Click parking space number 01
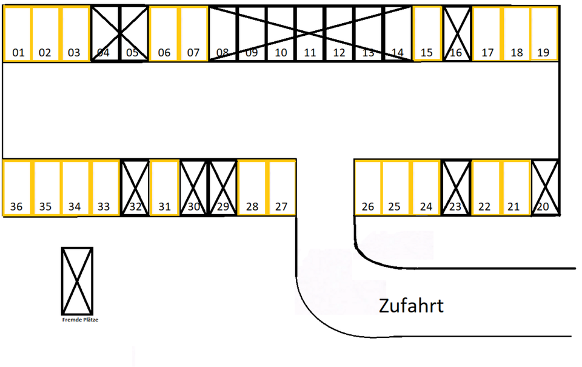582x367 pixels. pos(18,34)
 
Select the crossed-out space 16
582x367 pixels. pos(456,34)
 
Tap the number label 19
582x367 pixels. pos(543,53)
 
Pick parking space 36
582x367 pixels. pos(17,187)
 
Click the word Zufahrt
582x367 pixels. pos(411,305)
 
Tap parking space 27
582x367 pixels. pos(281,187)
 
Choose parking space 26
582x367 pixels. pos(368,187)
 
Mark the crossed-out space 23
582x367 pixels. pos(455,187)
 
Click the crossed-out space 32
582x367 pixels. pos(135,187)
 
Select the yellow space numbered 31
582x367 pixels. pos(164,187)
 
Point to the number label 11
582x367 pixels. pos(310,53)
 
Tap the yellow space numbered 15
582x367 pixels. pos(426,34)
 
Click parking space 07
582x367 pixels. pos(193,34)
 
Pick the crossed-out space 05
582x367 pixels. pos(133,34)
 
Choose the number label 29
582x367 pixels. pos(223,207)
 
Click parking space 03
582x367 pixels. pos(75,34)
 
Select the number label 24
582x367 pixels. pos(426,207)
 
